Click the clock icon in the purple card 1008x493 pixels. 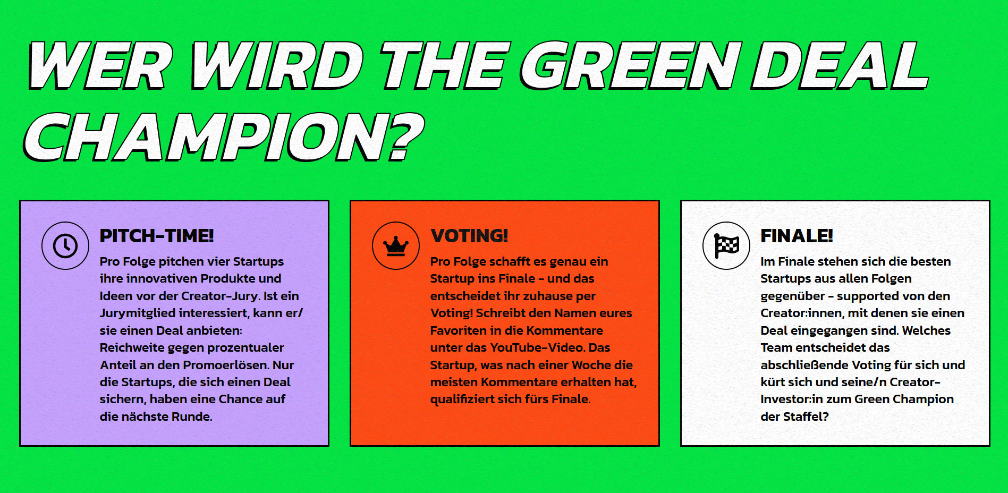[x=65, y=245]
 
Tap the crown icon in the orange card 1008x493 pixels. [x=396, y=245]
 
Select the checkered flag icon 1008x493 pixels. [x=726, y=245]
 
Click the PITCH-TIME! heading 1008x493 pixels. [x=157, y=236]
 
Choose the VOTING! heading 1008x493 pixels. [x=469, y=236]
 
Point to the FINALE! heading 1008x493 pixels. [x=797, y=236]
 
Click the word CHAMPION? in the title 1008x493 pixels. [x=223, y=137]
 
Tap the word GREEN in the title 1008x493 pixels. [x=630, y=66]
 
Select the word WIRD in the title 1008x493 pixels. [x=276, y=66]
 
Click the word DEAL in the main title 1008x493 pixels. [x=840, y=66]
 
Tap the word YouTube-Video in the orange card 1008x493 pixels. [x=537, y=347]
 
